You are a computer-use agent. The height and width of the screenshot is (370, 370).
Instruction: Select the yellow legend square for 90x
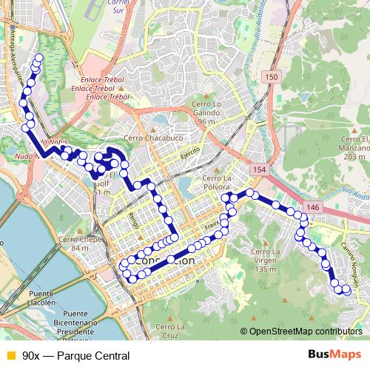click(10, 355)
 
